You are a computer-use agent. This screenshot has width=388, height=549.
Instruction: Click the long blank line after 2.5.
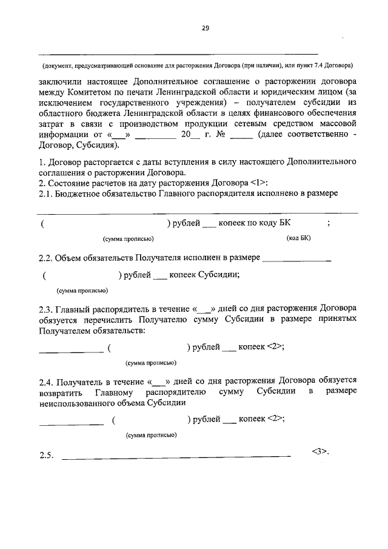click(x=176, y=456)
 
